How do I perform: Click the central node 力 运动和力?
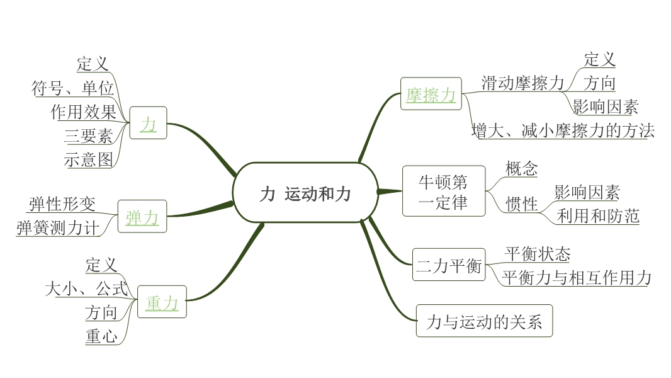point(305,193)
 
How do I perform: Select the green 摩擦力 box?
point(431,94)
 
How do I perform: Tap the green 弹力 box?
point(142,218)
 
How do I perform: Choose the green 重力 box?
point(162,303)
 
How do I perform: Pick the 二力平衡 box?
point(449,266)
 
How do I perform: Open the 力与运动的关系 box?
point(484,323)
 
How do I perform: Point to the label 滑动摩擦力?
point(522,83)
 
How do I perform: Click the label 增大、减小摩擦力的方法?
point(563,130)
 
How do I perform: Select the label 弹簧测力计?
point(59,227)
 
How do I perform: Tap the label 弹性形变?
point(62,204)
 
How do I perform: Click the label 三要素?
point(88,136)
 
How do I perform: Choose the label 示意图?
point(88,159)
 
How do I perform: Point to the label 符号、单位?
point(72,88)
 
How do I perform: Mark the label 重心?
point(101,336)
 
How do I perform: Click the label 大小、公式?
point(86,289)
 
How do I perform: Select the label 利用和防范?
point(597,216)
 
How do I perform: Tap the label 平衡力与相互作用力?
point(577,277)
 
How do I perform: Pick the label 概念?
point(521,168)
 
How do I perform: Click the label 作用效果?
point(84,112)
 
